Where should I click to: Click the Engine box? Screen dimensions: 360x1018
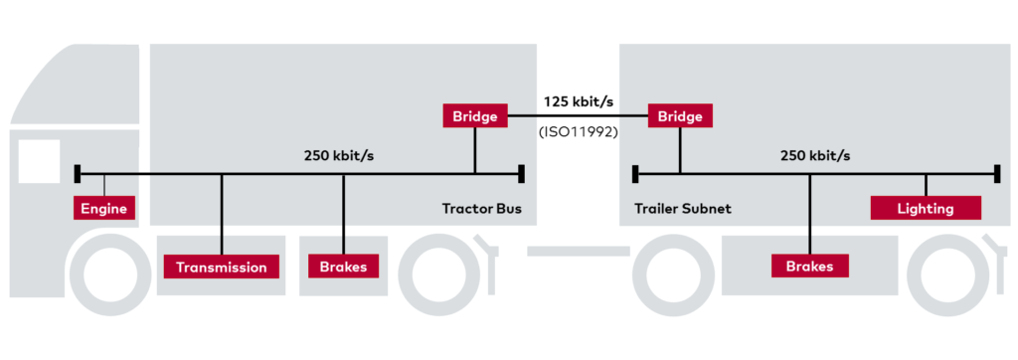104,210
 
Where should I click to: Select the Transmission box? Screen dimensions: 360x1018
221,267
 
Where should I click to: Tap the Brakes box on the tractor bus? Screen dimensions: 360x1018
343,267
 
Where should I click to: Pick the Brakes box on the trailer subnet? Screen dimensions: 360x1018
810,267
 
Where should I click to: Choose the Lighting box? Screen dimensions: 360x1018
926,208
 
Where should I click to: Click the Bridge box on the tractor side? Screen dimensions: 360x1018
475,116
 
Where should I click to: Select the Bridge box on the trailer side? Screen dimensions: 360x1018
681,116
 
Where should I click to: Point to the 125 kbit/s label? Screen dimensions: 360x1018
579,101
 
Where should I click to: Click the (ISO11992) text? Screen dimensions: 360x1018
579,130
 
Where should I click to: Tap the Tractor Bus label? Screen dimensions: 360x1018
481,210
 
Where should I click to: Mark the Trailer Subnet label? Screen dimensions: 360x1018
683,210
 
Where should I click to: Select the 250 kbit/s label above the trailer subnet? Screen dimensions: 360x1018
816,156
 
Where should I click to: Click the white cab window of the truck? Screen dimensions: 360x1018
37,161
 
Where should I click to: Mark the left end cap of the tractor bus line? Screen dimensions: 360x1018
78,175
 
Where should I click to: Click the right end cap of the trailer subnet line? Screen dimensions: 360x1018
995,175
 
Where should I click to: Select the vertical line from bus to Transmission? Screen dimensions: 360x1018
221,214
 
